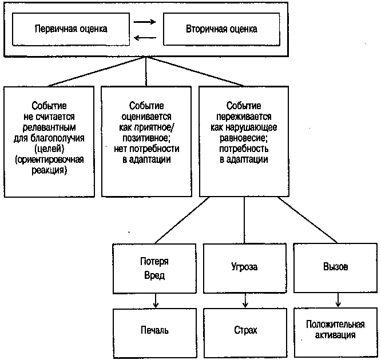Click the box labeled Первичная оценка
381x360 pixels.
[71, 28]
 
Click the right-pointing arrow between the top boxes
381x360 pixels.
[145, 23]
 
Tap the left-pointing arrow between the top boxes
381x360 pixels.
[145, 38]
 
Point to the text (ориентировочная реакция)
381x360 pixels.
[49, 164]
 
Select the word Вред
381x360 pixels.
[153, 275]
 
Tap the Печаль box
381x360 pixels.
[154, 331]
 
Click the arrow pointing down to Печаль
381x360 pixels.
[155, 301]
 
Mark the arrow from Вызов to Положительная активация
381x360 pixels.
[338, 301]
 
